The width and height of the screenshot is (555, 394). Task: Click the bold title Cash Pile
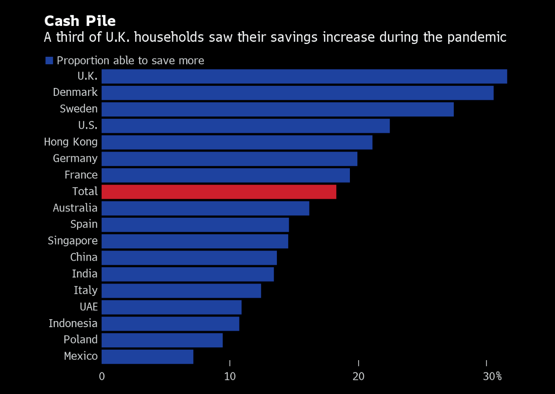(80, 21)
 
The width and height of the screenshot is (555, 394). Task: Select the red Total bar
(219, 192)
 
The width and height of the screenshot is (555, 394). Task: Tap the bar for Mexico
(147, 357)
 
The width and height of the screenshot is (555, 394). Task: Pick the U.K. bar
(304, 77)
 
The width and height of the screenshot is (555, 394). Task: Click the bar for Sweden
(277, 109)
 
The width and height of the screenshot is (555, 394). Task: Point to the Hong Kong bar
(237, 142)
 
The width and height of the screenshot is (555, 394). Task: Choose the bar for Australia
(205, 208)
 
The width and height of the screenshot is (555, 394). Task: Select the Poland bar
(162, 340)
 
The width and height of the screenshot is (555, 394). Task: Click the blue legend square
(49, 61)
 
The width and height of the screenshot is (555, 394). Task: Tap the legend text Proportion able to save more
(130, 61)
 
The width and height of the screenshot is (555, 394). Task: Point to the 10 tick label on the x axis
(230, 377)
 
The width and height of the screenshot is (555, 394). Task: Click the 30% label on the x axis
(492, 377)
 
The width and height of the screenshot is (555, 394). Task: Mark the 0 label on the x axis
(102, 377)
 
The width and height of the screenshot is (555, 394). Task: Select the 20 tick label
(358, 377)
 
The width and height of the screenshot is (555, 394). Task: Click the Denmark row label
(75, 92)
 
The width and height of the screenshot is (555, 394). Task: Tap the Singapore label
(73, 241)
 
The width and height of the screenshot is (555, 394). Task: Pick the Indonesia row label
(73, 324)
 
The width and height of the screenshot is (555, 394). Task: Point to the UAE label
(88, 307)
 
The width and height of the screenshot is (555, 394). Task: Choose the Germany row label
(75, 158)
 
